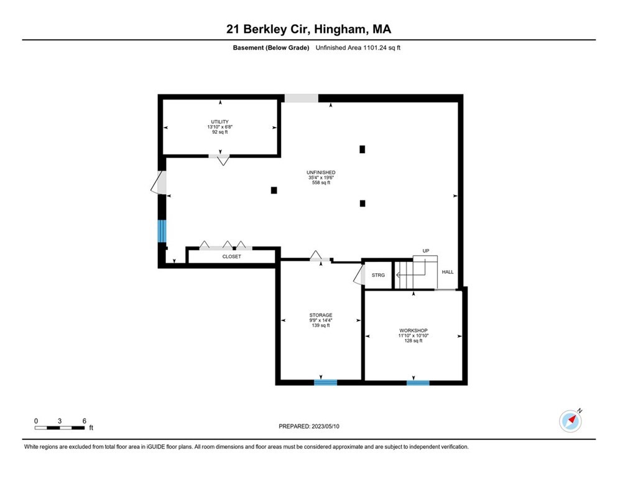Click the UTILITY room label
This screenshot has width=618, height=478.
[x=219, y=121]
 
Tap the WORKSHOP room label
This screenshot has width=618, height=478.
[x=413, y=330]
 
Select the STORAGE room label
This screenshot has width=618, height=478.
[x=321, y=315]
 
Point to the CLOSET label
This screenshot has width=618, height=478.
[x=232, y=256]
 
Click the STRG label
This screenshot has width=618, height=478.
[x=378, y=275]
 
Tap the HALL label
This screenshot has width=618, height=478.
[x=448, y=272]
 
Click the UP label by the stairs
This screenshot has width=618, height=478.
[x=426, y=251]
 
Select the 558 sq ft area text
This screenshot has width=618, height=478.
[x=321, y=183]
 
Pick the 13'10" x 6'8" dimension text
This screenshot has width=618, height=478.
[x=219, y=127]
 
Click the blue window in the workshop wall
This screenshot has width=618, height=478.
[x=418, y=382]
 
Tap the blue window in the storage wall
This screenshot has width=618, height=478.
[x=325, y=382]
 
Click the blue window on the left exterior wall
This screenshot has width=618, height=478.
[x=162, y=231]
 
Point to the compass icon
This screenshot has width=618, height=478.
[x=570, y=421]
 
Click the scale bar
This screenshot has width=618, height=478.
[x=60, y=428]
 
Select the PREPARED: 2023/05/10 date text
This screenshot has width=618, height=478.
[x=309, y=426]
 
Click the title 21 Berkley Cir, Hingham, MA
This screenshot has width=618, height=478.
[x=308, y=29]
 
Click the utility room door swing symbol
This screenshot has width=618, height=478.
[x=223, y=160]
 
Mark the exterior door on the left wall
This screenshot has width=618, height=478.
[x=160, y=182]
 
